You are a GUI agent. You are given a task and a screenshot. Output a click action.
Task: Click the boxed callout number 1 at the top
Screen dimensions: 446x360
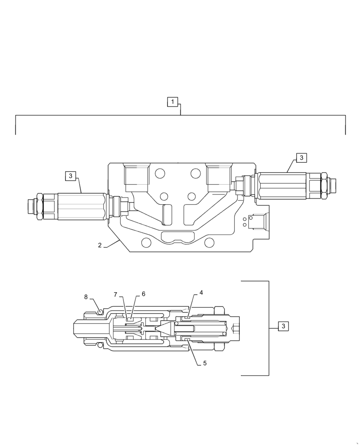click(172, 102)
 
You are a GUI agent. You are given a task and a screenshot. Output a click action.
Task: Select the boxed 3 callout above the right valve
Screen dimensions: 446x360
click(301, 158)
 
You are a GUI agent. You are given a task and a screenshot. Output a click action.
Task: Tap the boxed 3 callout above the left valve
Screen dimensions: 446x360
click(70, 176)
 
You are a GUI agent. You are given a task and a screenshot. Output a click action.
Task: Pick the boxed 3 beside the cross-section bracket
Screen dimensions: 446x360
click(283, 326)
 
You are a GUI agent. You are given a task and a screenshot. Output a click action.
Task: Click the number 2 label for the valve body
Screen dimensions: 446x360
click(100, 245)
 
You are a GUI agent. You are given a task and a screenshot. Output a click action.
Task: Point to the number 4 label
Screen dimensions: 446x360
click(201, 293)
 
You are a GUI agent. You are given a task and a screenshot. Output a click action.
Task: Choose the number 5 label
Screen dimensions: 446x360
click(205, 363)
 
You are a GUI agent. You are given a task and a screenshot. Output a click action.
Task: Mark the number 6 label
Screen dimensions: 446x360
click(143, 294)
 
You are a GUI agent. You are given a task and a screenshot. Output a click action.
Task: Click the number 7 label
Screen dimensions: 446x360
click(115, 295)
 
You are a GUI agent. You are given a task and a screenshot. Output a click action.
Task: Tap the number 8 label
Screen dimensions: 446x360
click(86, 297)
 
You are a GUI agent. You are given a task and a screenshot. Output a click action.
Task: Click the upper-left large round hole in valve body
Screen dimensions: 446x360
click(160, 173)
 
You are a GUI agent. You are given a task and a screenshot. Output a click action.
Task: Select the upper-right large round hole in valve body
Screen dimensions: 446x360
click(196, 173)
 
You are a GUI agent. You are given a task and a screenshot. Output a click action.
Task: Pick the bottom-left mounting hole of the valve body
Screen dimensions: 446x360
click(146, 243)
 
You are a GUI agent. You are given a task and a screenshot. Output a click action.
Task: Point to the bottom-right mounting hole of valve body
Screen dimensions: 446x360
click(209, 243)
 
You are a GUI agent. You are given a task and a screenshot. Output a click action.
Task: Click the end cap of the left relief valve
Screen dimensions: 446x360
click(31, 206)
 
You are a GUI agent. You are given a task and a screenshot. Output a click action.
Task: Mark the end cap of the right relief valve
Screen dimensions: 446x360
click(332, 184)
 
